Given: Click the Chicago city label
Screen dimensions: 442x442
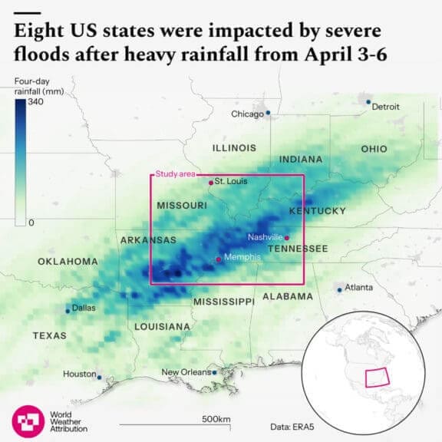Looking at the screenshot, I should click(247, 114).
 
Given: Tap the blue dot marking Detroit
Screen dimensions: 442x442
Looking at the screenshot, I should click(368, 102).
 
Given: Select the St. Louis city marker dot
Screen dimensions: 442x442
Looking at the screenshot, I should click(211, 183).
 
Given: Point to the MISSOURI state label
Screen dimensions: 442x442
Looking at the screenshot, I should click(182, 206).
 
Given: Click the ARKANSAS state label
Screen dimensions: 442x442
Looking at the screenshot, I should click(149, 240).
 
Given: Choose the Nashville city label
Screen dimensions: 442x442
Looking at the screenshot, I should click(266, 237).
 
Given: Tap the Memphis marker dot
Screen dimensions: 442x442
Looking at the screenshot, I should click(219, 259).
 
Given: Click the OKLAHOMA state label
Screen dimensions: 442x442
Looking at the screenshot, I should click(68, 262).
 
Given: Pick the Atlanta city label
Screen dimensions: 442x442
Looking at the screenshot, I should click(359, 288).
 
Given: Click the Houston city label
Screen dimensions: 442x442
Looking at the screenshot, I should click(79, 374).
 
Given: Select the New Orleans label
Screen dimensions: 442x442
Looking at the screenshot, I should click(185, 372).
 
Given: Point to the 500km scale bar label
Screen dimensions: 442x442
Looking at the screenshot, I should click(216, 419).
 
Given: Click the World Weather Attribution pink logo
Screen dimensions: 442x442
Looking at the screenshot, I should click(28, 420).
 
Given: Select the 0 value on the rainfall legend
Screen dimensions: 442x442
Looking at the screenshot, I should click(31, 223).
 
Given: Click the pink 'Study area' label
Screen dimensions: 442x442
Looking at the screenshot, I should click(175, 174).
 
